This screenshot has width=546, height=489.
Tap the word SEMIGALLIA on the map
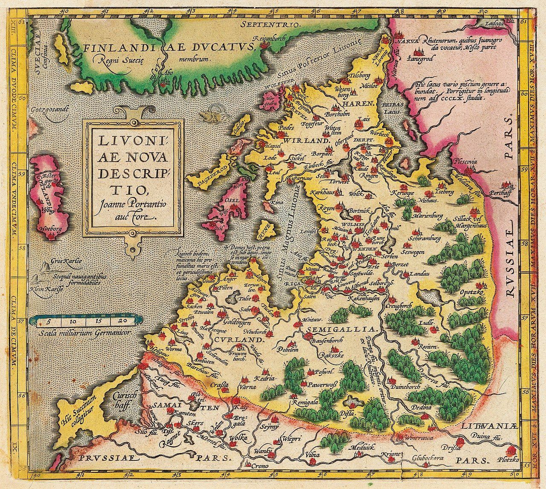tap(343, 330)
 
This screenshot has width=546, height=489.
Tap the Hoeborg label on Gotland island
tap(51, 229)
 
